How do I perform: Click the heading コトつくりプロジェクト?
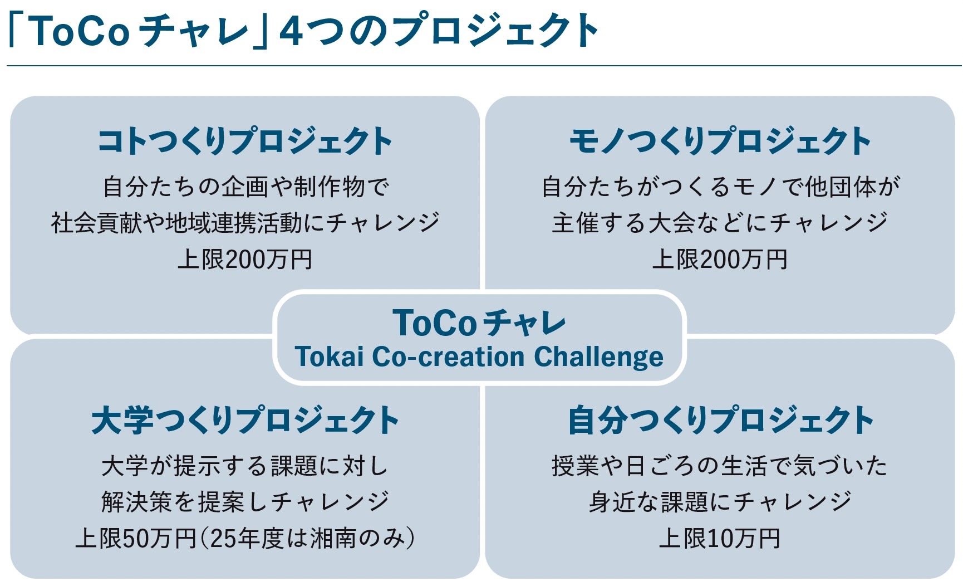245,141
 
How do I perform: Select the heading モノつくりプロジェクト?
720,141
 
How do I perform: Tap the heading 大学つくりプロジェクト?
245,420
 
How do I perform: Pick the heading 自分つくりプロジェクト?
720,420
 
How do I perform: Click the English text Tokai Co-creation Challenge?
479,357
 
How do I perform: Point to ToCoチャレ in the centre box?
479,323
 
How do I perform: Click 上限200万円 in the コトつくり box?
245,260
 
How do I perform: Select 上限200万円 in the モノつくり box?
720,260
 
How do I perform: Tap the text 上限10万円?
720,539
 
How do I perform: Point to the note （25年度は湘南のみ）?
307,539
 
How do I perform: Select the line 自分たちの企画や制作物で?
245,187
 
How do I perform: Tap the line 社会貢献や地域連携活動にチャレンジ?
245,223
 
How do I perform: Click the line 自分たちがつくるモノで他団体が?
720,187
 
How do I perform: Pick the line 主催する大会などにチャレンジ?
720,223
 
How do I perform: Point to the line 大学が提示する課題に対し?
245,466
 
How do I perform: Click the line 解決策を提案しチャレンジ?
245,502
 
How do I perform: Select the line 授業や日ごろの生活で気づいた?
720,466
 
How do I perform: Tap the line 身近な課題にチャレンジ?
720,502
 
